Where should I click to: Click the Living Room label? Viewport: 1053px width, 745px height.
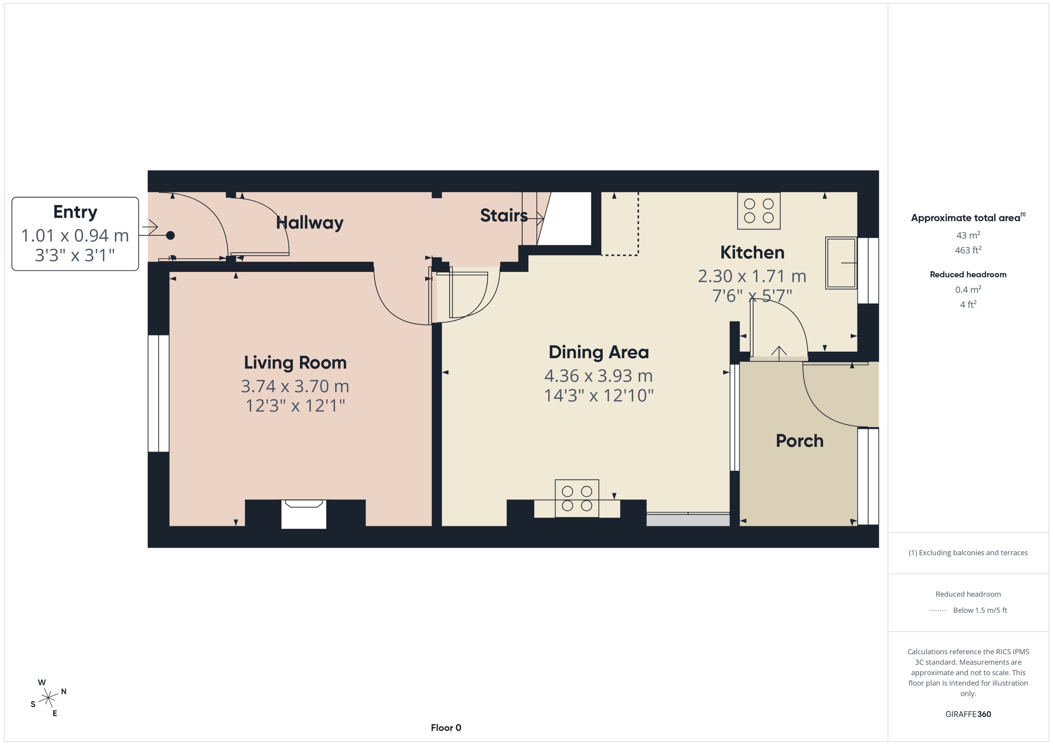point(295,362)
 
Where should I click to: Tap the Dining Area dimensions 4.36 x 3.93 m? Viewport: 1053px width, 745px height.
point(598,376)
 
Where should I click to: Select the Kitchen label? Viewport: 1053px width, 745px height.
point(752,252)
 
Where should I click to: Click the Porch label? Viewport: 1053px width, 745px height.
point(799,441)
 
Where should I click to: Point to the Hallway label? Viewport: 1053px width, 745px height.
point(310,223)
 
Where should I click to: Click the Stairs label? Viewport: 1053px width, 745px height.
point(503,215)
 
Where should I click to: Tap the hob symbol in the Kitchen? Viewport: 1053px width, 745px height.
point(758,211)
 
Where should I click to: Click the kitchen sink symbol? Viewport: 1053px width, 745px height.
point(841,263)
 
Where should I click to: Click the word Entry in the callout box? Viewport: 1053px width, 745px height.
point(75,212)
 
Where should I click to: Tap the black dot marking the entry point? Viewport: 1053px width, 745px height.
point(170,235)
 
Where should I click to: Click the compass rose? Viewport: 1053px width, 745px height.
point(48,698)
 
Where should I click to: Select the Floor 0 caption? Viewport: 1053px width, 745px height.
point(446,728)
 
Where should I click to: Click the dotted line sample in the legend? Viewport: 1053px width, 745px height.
point(938,611)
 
